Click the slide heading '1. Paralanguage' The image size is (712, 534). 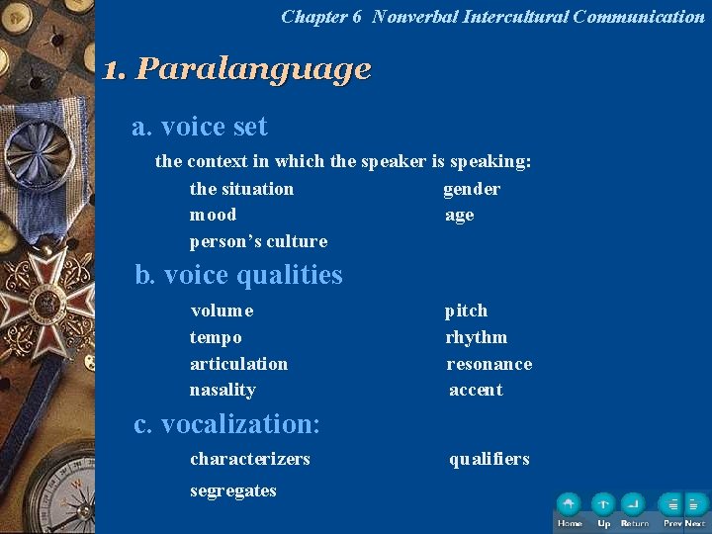click(x=237, y=69)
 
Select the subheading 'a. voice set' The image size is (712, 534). click(x=200, y=127)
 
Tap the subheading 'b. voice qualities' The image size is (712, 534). click(x=238, y=275)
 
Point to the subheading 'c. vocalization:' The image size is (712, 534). click(x=226, y=424)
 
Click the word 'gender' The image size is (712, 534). click(x=472, y=189)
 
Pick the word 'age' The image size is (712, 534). click(x=460, y=215)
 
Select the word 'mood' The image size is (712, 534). click(x=214, y=215)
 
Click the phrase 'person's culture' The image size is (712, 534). click(x=258, y=241)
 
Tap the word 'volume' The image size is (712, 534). click(x=222, y=311)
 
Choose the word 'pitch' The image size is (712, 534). click(x=466, y=311)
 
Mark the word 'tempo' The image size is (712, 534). click(x=216, y=337)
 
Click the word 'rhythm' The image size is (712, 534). click(x=476, y=337)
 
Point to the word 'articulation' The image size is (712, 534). click(x=238, y=364)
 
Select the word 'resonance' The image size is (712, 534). click(x=489, y=364)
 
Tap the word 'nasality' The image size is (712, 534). click(x=222, y=390)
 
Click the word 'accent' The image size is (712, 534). click(x=476, y=390)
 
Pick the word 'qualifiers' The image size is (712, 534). click(x=489, y=459)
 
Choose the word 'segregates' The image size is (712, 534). click(x=232, y=490)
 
